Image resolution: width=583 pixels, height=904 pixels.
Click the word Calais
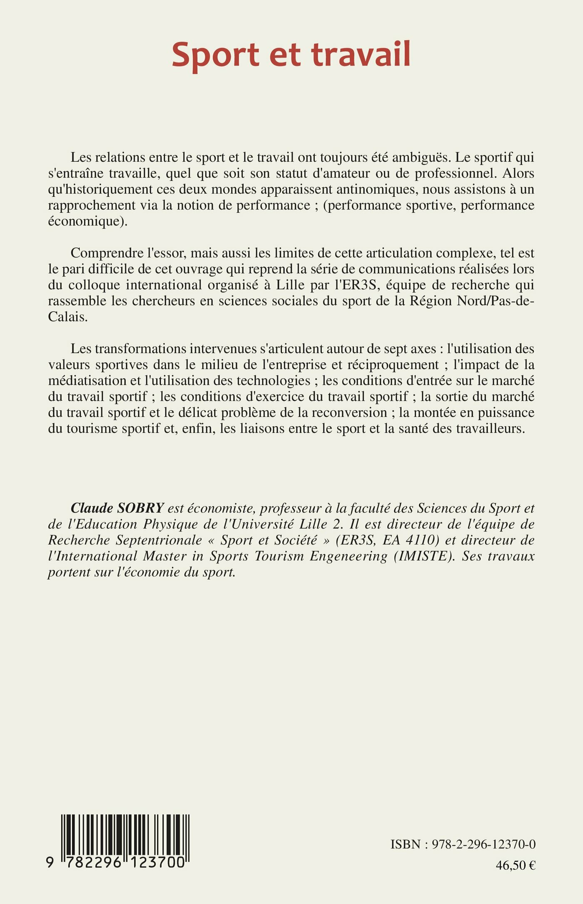(x=68, y=317)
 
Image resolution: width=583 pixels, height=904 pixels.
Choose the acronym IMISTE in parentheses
(x=425, y=556)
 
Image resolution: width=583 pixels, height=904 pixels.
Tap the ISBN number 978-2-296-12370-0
(x=483, y=844)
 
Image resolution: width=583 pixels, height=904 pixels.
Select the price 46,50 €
(x=516, y=865)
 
